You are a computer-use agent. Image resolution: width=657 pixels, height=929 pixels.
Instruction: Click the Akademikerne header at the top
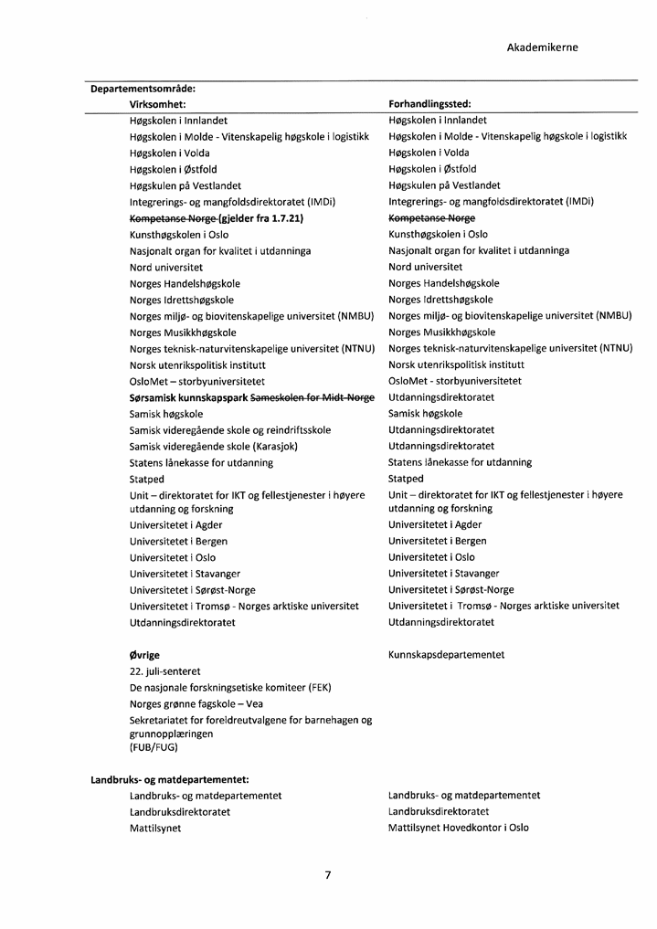(542, 48)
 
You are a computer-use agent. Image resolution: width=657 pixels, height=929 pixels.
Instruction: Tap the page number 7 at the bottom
(327, 875)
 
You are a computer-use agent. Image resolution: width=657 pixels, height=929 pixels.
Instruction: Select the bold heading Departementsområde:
(143, 89)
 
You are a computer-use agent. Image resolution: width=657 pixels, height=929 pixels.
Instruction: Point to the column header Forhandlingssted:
(429, 105)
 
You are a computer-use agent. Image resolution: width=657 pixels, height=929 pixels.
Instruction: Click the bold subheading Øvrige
(144, 655)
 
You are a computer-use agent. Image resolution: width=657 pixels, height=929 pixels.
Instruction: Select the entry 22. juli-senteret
(164, 671)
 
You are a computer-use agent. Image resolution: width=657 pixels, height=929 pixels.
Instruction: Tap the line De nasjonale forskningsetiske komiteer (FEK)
(229, 688)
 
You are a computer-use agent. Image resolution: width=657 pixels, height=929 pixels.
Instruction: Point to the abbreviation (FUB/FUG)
(154, 747)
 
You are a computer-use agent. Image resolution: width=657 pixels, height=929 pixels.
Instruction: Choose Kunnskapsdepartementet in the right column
(446, 655)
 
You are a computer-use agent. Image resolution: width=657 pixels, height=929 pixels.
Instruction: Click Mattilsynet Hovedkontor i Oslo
(458, 829)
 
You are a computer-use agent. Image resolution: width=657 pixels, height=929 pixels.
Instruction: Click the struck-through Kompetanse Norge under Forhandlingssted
(431, 219)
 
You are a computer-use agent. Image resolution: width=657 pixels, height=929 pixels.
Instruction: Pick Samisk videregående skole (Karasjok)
(214, 447)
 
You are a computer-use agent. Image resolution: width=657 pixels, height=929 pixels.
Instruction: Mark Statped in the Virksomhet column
(147, 479)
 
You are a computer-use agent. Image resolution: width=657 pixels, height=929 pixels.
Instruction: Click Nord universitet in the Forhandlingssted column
(425, 268)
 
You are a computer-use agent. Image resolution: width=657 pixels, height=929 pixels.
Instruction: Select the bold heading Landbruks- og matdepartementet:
(170, 779)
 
